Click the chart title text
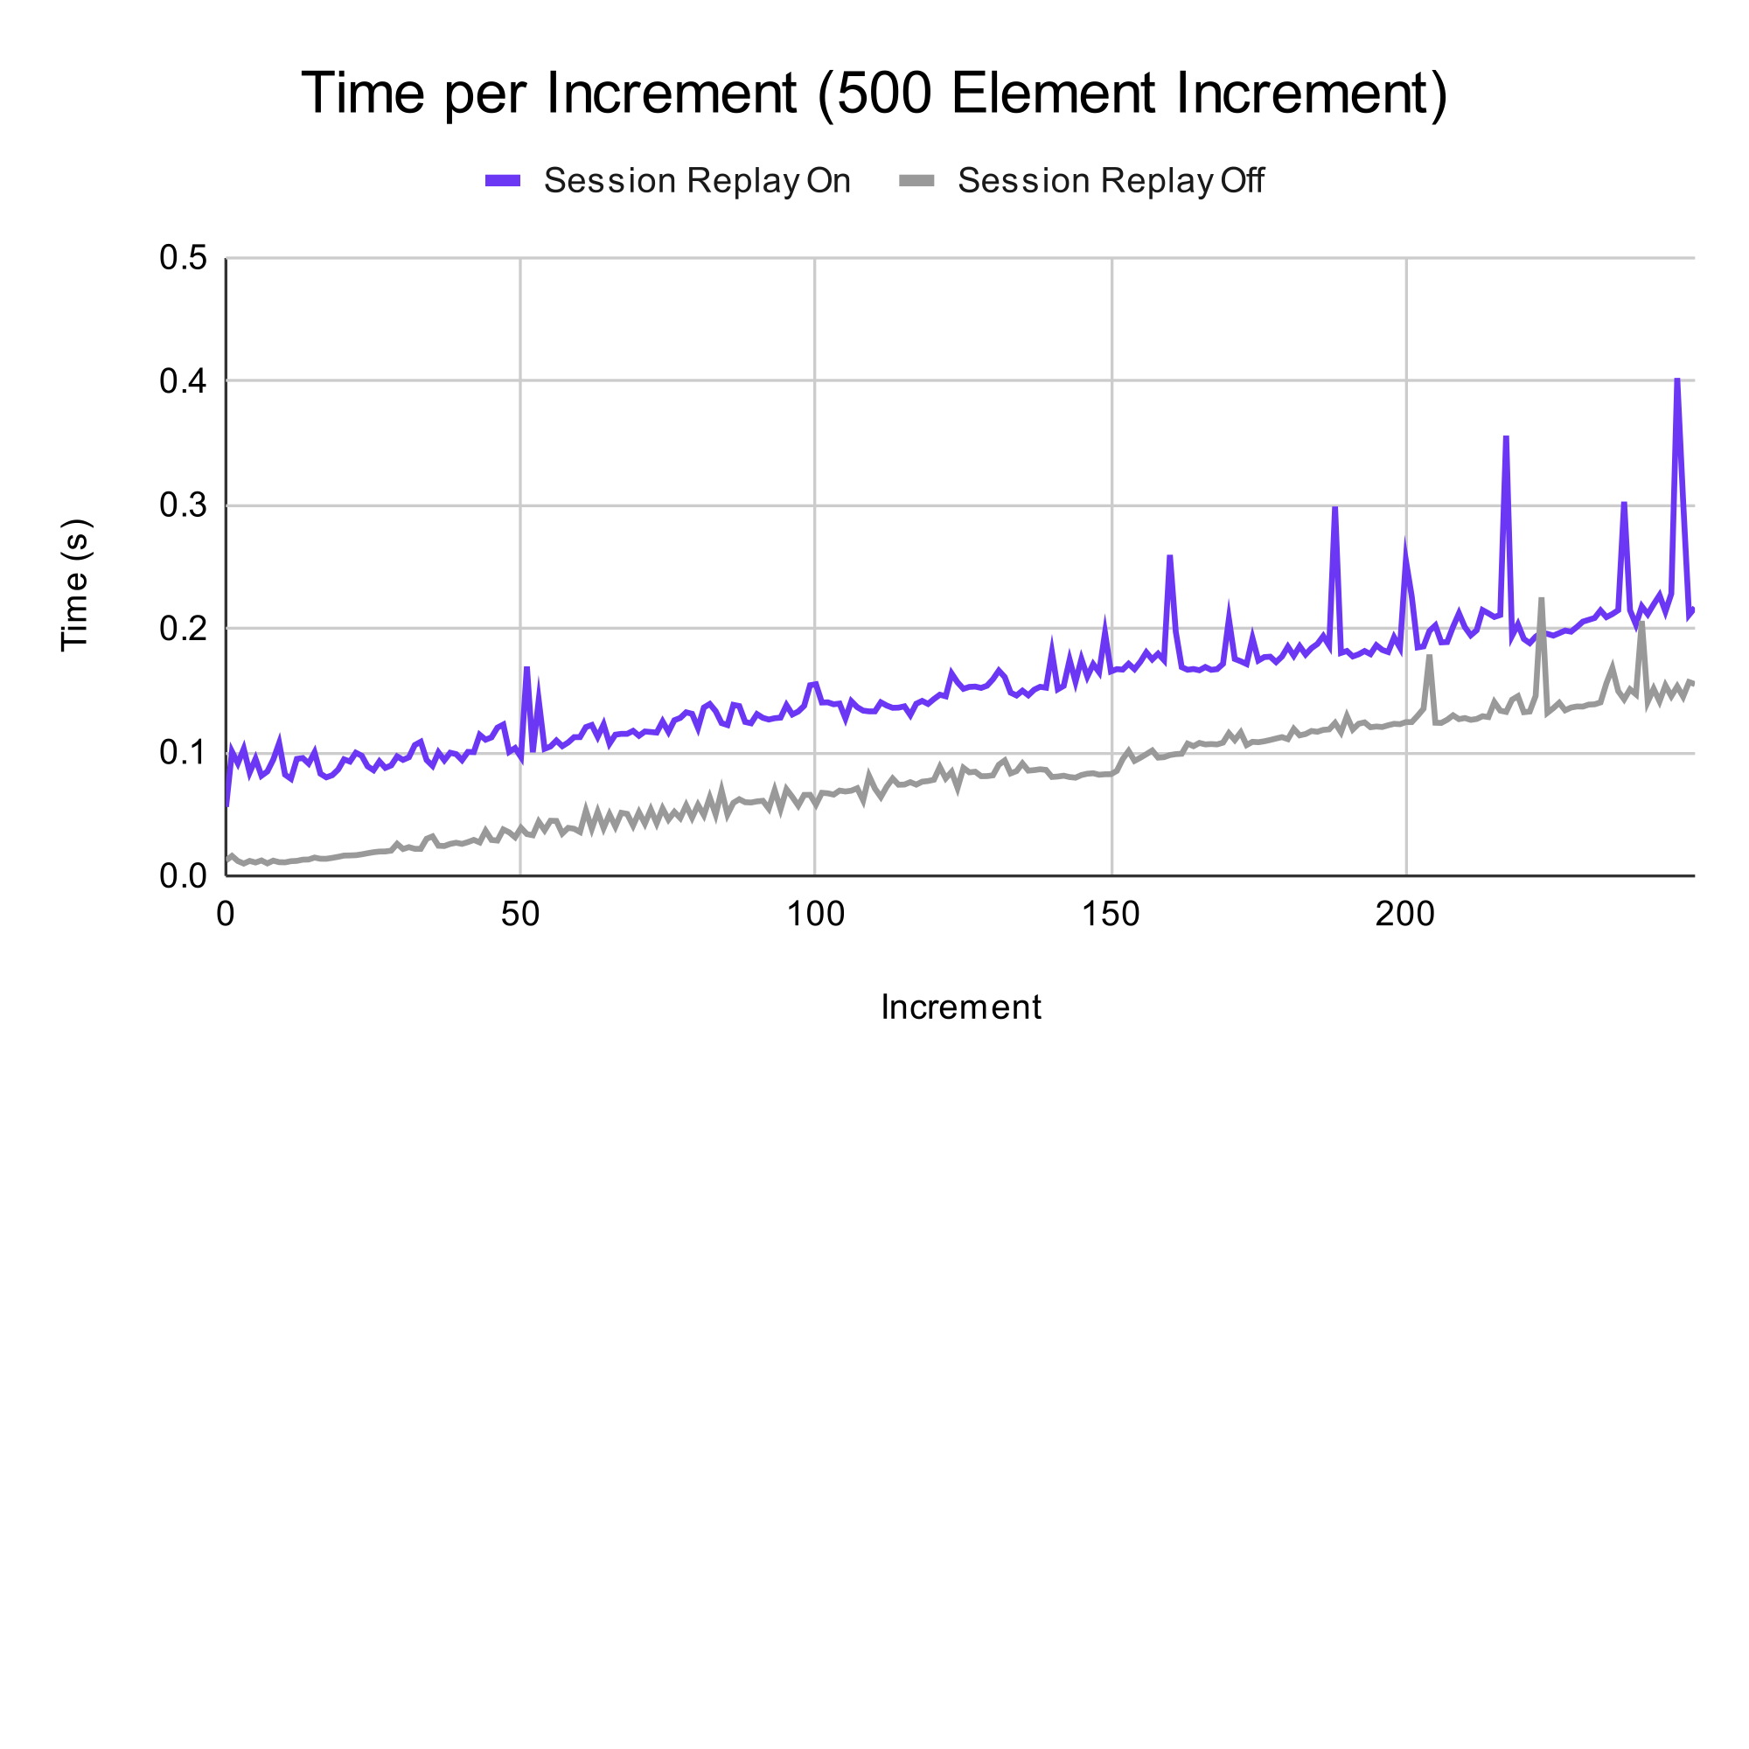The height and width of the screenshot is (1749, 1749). click(874, 94)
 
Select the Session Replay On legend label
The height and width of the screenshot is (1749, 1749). click(696, 181)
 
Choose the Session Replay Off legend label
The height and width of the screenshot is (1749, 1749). click(1111, 181)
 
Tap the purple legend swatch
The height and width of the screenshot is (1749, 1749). click(503, 181)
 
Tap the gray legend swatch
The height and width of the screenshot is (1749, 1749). click(916, 181)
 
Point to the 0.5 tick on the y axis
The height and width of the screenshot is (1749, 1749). click(183, 259)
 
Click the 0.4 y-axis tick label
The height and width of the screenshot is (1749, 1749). click(183, 382)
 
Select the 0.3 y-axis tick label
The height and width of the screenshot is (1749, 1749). click(183, 505)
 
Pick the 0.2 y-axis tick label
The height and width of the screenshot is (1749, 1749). click(183, 628)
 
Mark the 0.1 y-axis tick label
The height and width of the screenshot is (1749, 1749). click(183, 752)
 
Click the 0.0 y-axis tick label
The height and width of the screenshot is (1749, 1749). click(183, 875)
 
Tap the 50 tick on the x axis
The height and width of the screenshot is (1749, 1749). click(520, 916)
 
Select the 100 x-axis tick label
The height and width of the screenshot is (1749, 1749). click(815, 916)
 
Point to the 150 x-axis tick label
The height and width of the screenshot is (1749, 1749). click(1111, 916)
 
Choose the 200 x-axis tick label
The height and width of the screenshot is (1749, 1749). click(1405, 916)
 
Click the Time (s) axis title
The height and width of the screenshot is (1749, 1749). click(75, 585)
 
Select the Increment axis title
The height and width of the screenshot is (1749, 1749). click(960, 1007)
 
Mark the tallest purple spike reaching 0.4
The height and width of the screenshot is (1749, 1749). click(1677, 380)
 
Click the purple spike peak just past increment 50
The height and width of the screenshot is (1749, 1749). click(526, 668)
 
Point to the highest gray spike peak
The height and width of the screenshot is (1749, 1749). click(1541, 599)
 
